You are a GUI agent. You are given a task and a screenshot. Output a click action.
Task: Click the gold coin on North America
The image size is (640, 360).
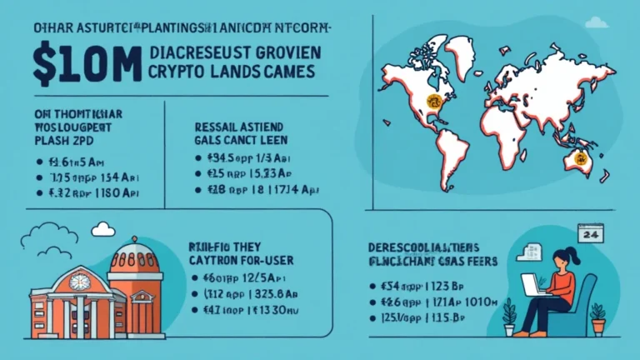point(432,101)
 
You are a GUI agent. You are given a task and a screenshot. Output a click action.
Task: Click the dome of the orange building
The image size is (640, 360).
point(134,256)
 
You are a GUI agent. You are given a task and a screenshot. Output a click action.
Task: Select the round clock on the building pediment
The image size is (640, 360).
point(81,282)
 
